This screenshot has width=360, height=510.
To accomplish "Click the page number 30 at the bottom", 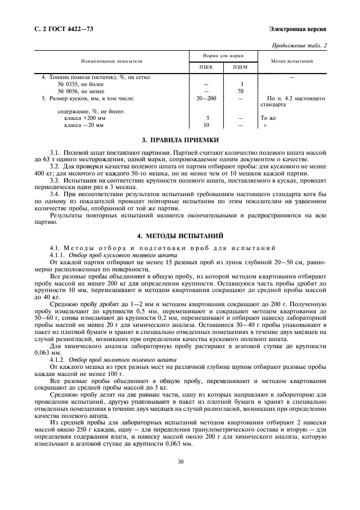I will click(x=180, y=462).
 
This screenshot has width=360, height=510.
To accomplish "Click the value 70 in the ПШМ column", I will click(x=240, y=92).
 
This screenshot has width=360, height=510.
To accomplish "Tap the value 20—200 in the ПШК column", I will click(x=206, y=99).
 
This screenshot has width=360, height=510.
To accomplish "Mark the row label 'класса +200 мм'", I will click(x=85, y=118).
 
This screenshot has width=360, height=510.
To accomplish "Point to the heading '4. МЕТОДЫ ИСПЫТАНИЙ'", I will click(x=180, y=235).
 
